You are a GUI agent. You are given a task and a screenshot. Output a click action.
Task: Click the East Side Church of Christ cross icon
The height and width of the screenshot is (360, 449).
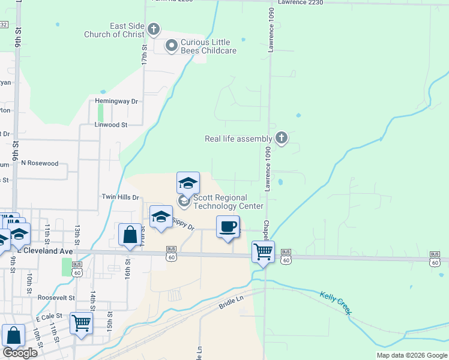click(x=154, y=29)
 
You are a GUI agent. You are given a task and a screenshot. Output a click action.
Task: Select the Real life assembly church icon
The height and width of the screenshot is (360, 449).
click(x=281, y=139)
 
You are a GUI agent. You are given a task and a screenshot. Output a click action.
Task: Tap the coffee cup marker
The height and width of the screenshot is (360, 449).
click(x=228, y=227)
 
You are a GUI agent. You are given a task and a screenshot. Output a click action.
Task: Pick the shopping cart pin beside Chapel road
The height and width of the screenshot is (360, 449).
click(x=263, y=252)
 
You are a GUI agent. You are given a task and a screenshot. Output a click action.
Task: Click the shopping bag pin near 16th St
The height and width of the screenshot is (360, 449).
click(x=130, y=235)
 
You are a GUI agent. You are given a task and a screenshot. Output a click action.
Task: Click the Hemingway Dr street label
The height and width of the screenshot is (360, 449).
click(x=117, y=101)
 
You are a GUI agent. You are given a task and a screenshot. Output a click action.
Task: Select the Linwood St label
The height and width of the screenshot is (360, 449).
click(x=111, y=125)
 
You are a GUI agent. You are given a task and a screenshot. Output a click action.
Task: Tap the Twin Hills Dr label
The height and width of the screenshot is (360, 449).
click(x=120, y=197)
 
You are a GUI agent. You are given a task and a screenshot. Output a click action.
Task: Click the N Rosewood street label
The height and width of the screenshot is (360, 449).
click(x=40, y=163)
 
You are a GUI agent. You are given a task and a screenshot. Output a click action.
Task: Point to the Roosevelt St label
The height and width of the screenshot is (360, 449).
click(x=55, y=297)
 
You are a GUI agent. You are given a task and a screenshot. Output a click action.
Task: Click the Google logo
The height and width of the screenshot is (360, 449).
click(x=20, y=352)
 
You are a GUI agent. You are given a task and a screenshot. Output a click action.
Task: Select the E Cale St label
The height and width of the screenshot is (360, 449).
click(x=49, y=316)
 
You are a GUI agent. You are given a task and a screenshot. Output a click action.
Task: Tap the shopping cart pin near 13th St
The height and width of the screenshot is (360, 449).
click(x=81, y=323)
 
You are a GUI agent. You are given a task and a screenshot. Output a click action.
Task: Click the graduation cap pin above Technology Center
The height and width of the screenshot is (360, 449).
click(x=188, y=183)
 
